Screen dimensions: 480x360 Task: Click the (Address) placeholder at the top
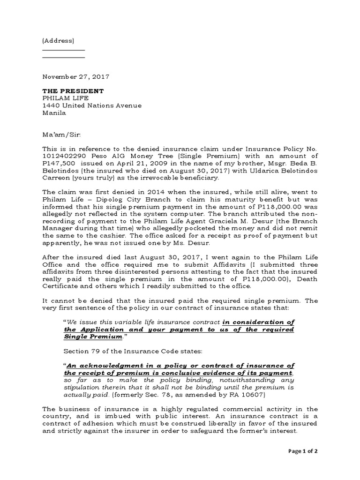58,41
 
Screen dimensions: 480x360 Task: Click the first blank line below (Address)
64,50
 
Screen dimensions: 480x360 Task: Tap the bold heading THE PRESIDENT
73,90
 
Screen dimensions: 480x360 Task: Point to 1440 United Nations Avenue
92,105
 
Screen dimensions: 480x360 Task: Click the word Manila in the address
54,113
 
